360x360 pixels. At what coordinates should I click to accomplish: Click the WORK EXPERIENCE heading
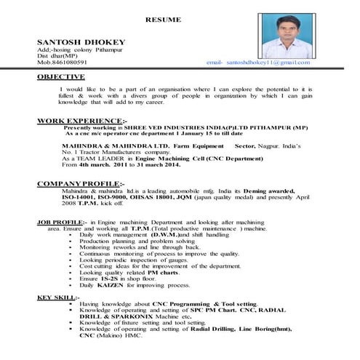[x=79, y=119]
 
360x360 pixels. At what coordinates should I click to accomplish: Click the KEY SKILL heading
[x=55, y=298]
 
